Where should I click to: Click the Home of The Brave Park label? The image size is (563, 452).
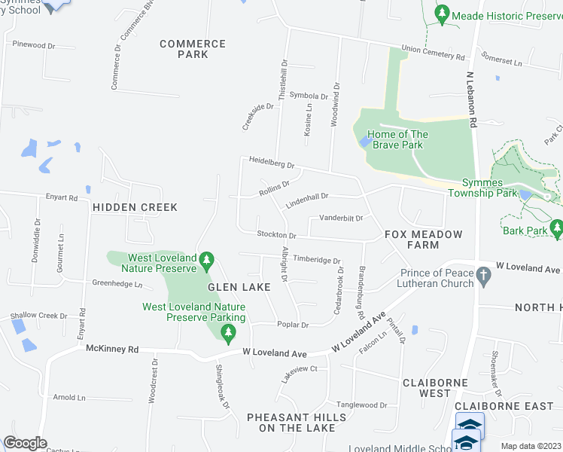click(399, 140)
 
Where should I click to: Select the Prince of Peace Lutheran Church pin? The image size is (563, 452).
click(486, 277)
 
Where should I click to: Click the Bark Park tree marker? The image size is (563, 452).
click(556, 226)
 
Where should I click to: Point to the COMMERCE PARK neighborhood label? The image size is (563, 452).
click(193, 49)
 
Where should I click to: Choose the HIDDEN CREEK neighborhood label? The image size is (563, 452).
click(135, 207)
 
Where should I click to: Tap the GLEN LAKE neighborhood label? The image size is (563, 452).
click(234, 287)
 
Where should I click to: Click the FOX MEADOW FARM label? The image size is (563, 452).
click(423, 240)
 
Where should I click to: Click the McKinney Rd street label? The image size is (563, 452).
click(112, 349)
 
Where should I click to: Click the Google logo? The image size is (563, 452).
click(25, 443)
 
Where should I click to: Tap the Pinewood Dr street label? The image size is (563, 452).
click(34, 45)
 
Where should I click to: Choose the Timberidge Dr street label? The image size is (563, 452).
click(317, 260)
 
